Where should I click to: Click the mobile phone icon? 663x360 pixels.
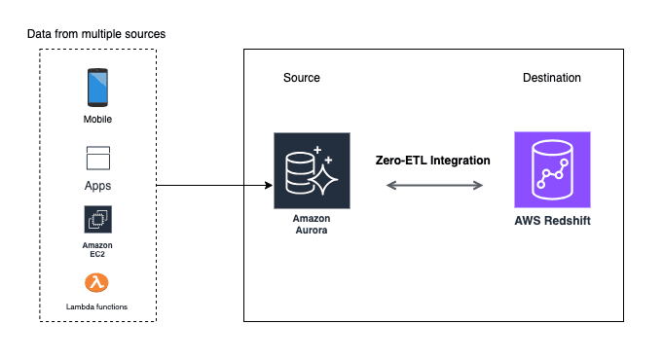point(97,87)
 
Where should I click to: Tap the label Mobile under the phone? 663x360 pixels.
point(97,120)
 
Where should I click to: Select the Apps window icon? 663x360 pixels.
point(97,157)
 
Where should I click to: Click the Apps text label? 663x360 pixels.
point(97,183)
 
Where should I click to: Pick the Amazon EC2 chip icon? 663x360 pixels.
point(97,219)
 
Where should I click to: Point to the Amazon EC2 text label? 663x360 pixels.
point(97,250)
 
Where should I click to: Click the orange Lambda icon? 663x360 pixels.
point(97,283)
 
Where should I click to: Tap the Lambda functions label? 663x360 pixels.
point(97,306)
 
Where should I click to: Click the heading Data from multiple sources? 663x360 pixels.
point(96,34)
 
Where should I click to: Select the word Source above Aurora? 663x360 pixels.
point(301,78)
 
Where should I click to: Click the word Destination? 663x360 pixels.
point(551,78)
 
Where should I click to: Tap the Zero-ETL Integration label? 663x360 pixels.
point(433,160)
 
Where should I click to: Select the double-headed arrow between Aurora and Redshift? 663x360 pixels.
point(434,182)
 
